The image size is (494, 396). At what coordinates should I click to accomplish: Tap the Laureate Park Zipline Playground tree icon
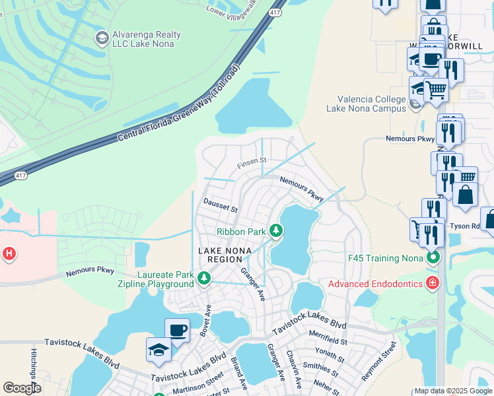coord(204,280)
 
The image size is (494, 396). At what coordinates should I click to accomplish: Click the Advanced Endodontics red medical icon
coord(433,284)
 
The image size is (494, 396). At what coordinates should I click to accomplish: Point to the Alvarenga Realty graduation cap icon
coord(102,39)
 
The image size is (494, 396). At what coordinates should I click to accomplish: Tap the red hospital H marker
coord(9,253)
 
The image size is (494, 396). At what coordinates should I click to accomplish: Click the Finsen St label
coord(252,161)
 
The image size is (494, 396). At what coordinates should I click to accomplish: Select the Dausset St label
coord(220,205)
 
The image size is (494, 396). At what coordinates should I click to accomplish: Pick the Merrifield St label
coord(327,340)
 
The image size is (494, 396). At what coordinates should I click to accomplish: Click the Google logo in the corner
coord(22,387)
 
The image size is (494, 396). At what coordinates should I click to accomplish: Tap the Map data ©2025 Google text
coord(453,391)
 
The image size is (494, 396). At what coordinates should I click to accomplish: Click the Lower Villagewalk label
coord(236,9)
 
